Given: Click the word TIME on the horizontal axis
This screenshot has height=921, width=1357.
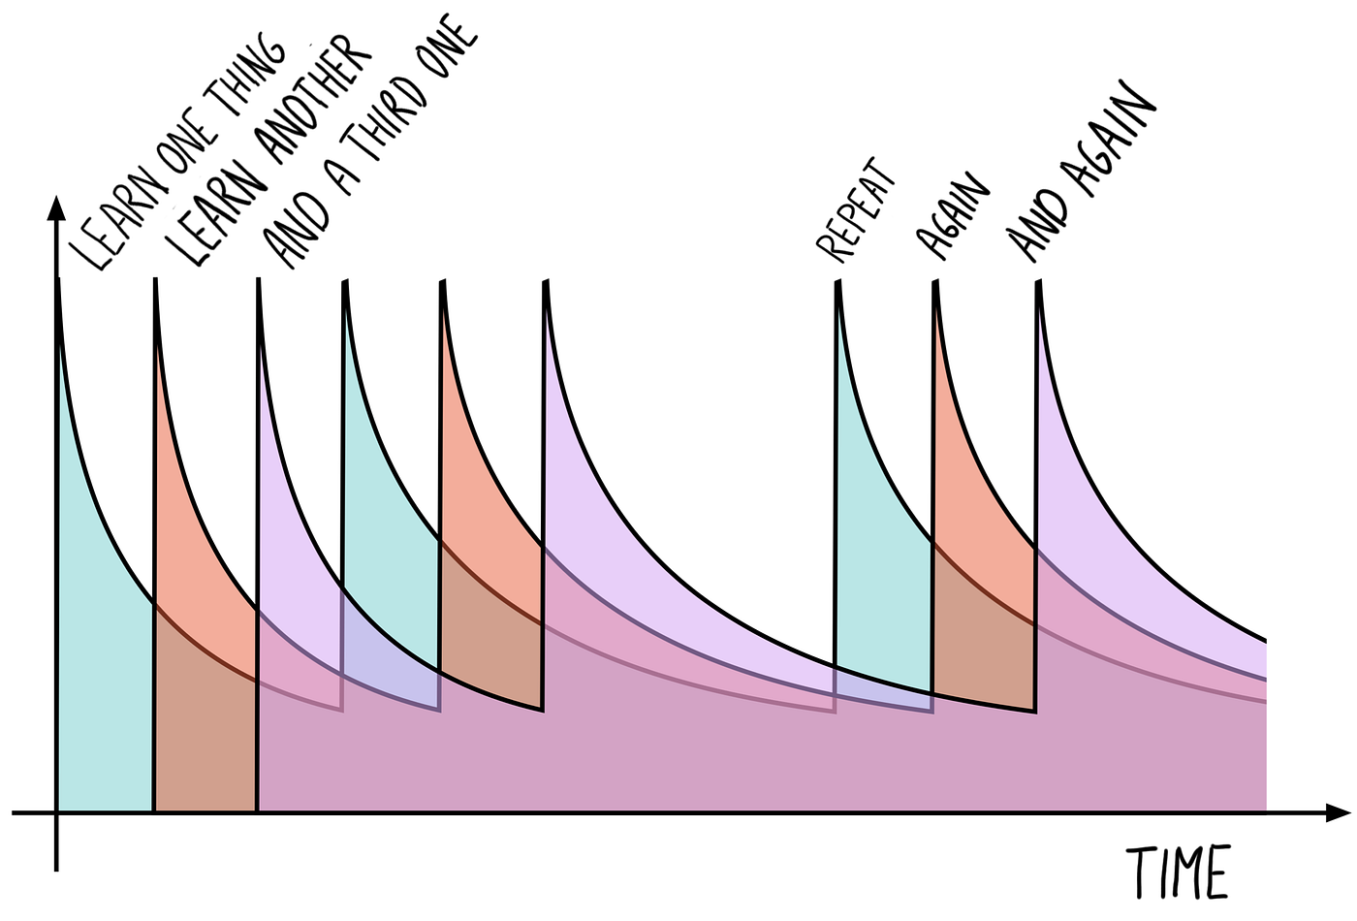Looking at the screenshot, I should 1178,872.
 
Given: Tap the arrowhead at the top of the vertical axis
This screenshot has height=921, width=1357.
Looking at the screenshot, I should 56,208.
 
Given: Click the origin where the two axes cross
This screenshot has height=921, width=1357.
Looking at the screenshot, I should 57,812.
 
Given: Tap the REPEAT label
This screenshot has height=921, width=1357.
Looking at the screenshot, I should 857,210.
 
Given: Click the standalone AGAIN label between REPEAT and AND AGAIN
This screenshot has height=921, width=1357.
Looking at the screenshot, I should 955,217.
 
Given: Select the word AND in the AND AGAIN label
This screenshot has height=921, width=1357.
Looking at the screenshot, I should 1036,227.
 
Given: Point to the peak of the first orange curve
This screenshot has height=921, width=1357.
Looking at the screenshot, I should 155,281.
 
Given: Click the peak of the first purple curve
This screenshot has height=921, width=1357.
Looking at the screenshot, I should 258,281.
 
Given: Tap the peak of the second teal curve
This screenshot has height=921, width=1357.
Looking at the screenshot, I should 344,283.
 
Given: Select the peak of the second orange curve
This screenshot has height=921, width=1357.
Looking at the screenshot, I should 442,283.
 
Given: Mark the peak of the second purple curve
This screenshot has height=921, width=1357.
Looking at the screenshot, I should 546,283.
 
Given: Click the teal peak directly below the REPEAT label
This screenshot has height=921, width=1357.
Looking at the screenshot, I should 837,283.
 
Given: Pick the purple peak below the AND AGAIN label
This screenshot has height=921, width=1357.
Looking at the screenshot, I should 1038,283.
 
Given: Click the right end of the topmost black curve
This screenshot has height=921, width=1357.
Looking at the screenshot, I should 1265,641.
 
